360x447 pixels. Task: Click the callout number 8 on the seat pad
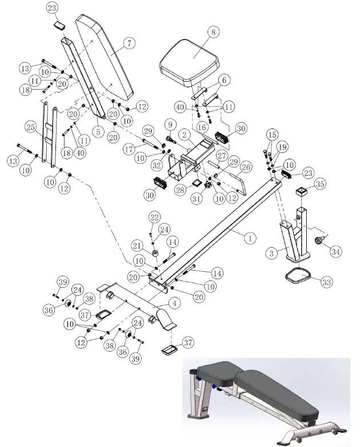214,33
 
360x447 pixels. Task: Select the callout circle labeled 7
129,43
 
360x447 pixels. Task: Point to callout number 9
169,124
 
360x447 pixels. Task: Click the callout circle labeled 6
225,79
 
